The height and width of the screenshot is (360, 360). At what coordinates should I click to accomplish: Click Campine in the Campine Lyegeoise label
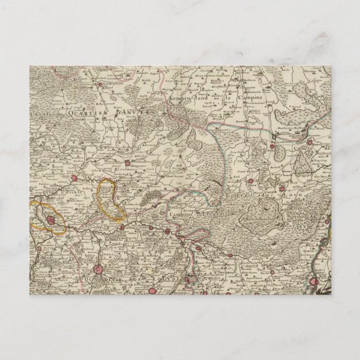177,214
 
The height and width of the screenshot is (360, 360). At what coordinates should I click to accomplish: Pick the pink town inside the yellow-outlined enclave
51,221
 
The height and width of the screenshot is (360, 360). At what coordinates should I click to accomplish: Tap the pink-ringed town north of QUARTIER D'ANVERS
100,84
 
